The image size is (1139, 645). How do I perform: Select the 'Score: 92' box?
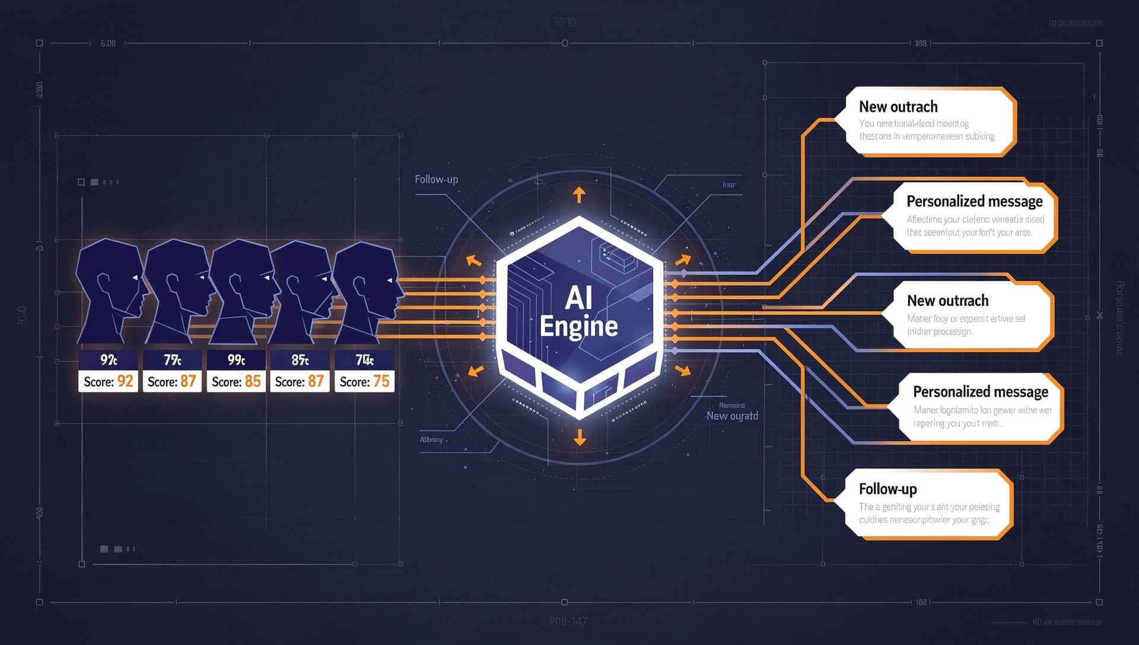click(108, 381)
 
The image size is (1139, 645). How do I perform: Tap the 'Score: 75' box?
click(364, 381)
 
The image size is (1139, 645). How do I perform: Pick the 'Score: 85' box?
click(236, 381)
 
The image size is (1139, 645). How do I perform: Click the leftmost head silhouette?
click(110, 290)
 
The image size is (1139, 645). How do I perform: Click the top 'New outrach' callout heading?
click(898, 107)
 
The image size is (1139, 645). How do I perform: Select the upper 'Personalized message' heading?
click(974, 202)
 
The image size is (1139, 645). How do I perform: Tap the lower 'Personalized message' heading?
click(980, 392)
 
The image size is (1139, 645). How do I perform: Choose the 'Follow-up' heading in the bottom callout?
click(887, 489)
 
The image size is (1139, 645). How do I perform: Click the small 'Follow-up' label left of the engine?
click(436, 179)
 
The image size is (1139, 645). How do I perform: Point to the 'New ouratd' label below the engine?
click(731, 416)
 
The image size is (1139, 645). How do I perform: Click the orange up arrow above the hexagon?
click(579, 194)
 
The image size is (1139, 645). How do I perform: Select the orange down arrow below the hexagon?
click(580, 438)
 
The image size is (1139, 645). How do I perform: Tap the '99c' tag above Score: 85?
click(236, 360)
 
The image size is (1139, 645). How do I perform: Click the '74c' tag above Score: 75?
click(364, 360)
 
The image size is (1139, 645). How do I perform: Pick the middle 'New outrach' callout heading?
click(947, 301)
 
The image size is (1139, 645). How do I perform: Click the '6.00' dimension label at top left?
click(108, 43)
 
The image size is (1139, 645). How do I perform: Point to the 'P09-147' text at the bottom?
click(568, 621)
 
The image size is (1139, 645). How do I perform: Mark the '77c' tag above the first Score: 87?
click(172, 360)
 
